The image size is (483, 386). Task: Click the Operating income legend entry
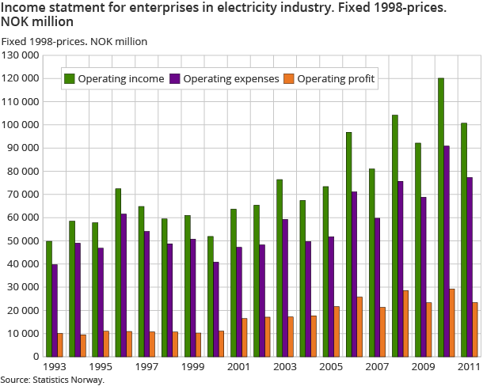(115, 78)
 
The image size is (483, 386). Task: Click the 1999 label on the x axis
(193, 368)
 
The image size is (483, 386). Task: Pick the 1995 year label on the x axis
(101, 368)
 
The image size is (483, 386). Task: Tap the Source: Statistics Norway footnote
(52, 380)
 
